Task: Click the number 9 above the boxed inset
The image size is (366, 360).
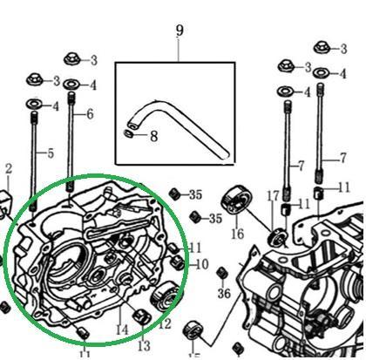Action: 180,31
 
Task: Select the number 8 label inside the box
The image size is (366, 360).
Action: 153,136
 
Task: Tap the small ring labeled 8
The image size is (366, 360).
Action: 128,133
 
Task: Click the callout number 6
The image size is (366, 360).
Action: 90,114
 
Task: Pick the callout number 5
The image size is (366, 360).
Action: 51,153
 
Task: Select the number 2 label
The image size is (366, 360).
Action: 9,168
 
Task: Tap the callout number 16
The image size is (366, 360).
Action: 237,234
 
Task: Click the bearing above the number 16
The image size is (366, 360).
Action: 236,200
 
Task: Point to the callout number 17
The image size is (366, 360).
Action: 273,196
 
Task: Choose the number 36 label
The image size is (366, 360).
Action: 224,293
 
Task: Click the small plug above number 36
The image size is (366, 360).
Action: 222,273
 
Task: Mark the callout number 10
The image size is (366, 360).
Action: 202,264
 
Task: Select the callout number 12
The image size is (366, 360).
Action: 165,324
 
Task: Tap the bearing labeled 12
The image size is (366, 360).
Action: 165,296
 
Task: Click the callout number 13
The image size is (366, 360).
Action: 144,346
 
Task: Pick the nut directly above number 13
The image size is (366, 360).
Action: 141,316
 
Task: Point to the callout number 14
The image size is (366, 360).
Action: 122,329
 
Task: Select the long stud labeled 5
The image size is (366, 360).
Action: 34,161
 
